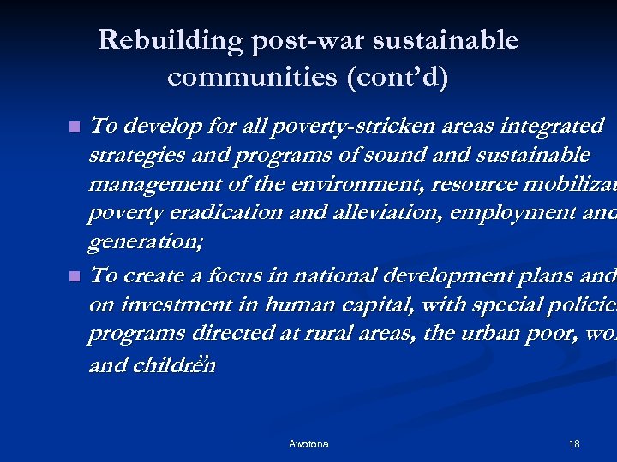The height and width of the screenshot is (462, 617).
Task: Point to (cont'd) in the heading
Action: point(397,77)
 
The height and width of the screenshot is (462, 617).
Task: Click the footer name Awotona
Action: point(308,444)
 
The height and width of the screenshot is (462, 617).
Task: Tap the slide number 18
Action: point(574,444)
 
